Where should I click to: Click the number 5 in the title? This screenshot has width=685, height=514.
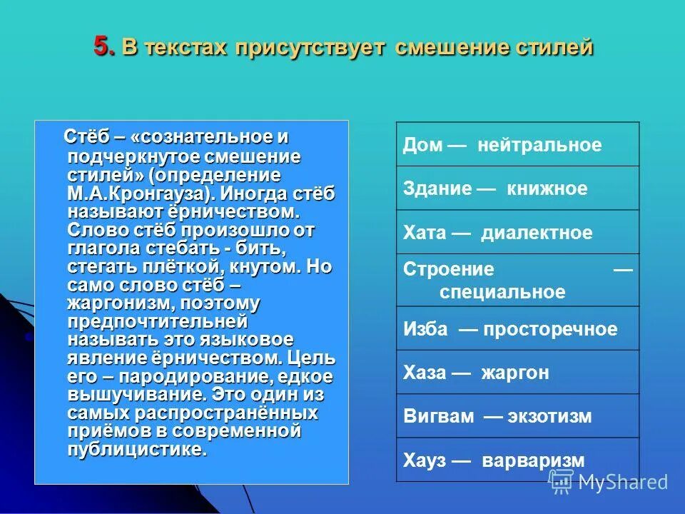[x=103, y=46]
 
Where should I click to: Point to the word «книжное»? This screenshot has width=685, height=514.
[x=547, y=189]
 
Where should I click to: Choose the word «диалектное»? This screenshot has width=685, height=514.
[x=537, y=233]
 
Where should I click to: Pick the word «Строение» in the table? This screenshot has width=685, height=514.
[x=449, y=270]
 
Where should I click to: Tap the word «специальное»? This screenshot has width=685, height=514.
[x=502, y=292]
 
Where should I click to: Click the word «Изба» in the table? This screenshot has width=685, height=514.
[x=426, y=329]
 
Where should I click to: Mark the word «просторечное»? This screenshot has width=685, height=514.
[x=549, y=329]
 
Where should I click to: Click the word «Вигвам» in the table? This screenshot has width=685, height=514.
[x=439, y=417]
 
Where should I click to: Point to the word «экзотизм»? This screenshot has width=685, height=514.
[x=549, y=417]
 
